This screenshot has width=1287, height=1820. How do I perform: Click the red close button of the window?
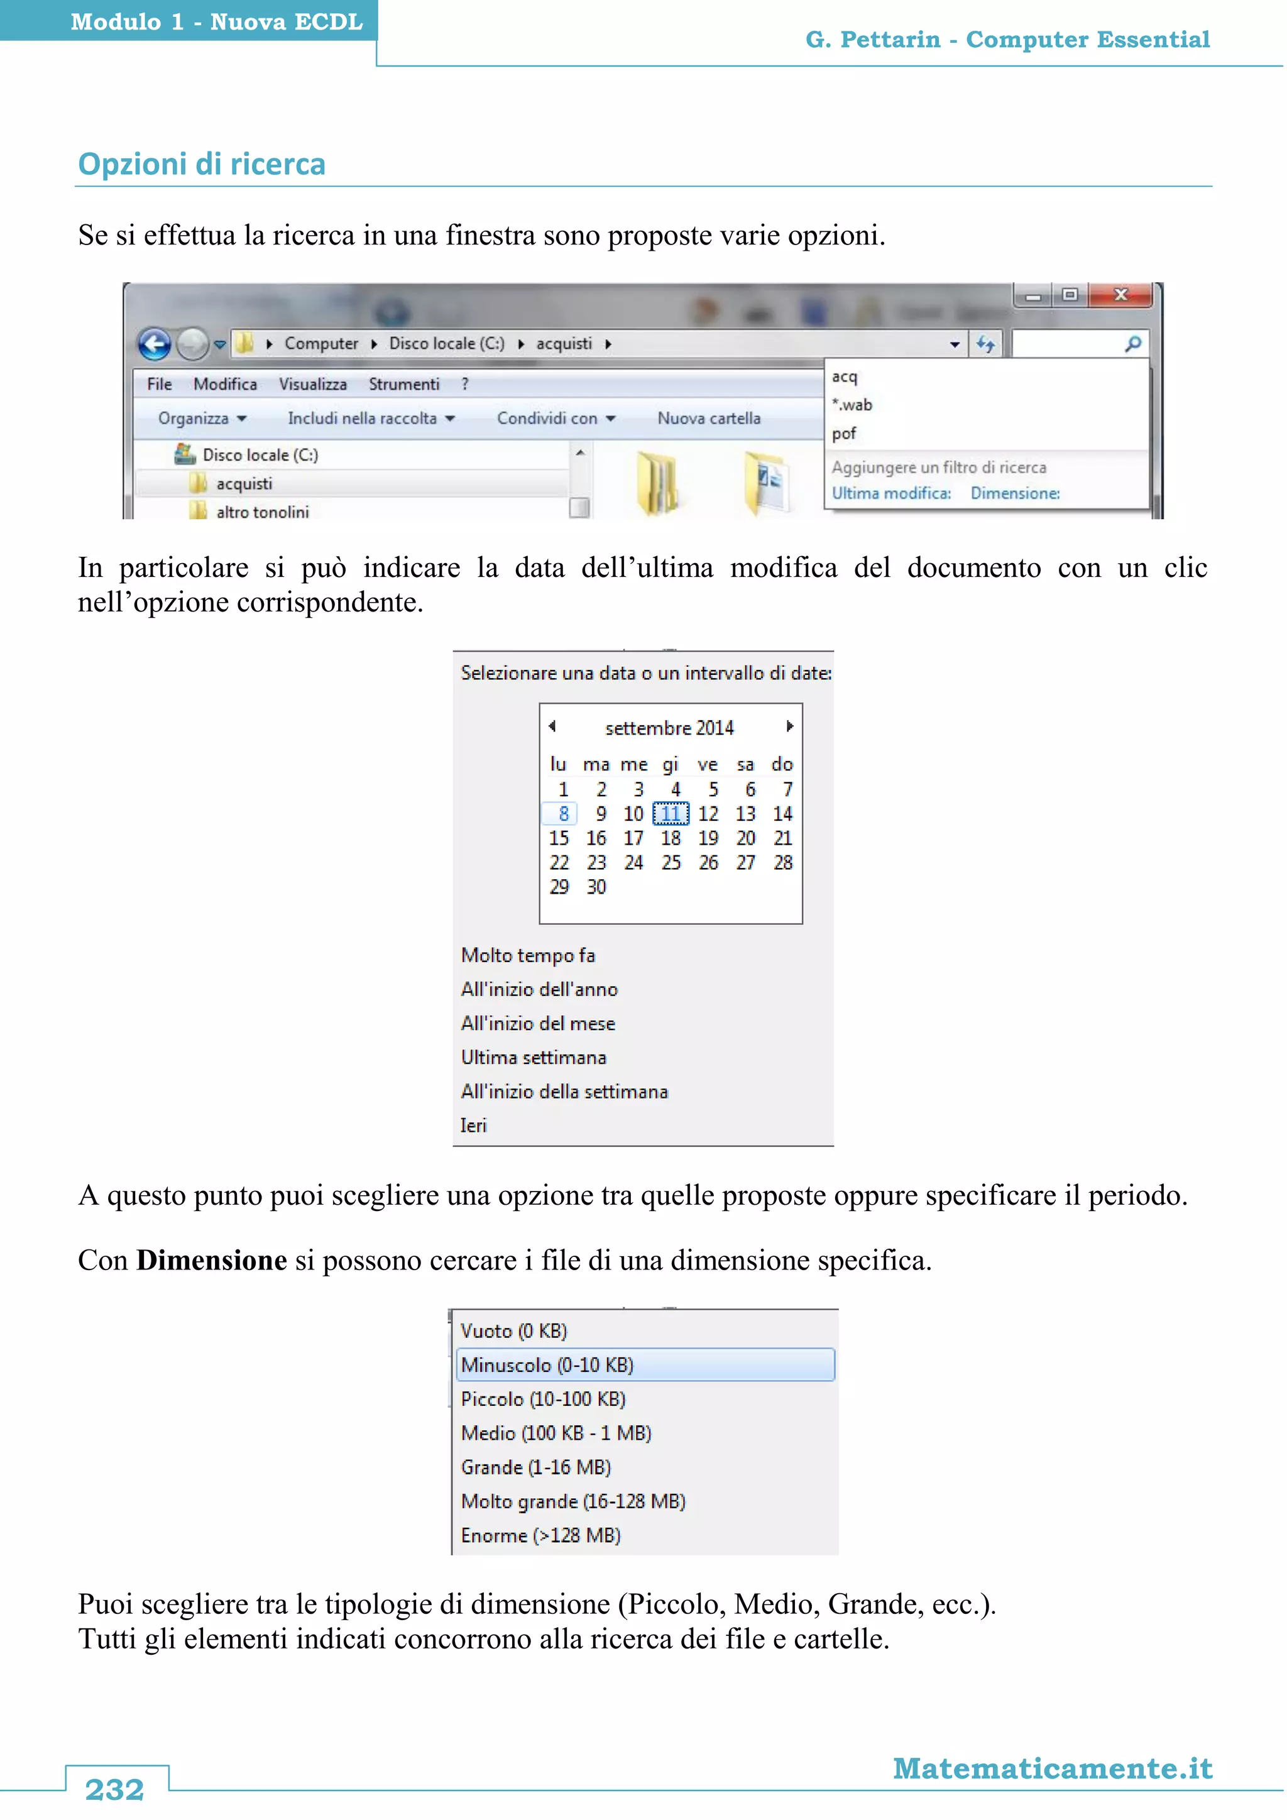pyautogui.click(x=1120, y=295)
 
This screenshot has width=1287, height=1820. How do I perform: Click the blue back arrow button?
pyautogui.click(x=155, y=344)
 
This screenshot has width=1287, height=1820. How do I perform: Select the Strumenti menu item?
pyautogui.click(x=403, y=385)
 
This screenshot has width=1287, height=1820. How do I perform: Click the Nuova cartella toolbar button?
pyautogui.click(x=708, y=419)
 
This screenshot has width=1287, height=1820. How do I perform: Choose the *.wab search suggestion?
pyautogui.click(x=852, y=405)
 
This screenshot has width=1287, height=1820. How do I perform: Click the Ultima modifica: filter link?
pyautogui.click(x=890, y=493)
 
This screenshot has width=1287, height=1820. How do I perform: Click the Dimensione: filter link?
pyautogui.click(x=1014, y=493)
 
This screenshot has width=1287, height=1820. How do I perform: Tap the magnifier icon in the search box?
pyautogui.click(x=1132, y=344)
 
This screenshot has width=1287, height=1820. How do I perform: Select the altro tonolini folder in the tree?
pyautogui.click(x=261, y=512)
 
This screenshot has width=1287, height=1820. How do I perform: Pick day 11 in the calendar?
pyautogui.click(x=671, y=814)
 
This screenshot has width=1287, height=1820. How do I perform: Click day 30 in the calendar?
pyautogui.click(x=596, y=887)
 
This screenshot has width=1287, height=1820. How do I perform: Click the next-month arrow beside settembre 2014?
pyautogui.click(x=789, y=726)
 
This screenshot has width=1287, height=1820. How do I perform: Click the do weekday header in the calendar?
pyautogui.click(x=782, y=764)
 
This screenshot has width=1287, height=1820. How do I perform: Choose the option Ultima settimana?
pyautogui.click(x=534, y=1058)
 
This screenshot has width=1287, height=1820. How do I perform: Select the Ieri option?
pyautogui.click(x=473, y=1126)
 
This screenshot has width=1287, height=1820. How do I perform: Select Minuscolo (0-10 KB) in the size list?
pyautogui.click(x=547, y=1365)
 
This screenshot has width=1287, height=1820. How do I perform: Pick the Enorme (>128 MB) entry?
pyautogui.click(x=540, y=1535)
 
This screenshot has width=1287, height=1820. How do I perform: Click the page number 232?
pyautogui.click(x=115, y=1789)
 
